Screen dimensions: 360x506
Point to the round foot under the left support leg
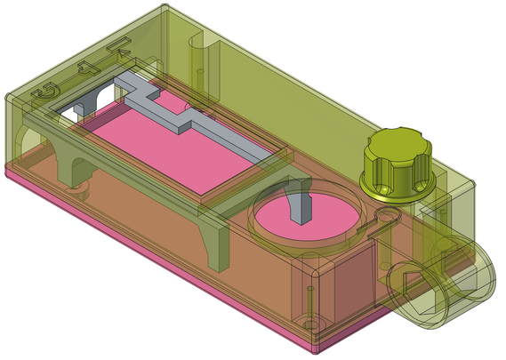click(78, 189)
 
